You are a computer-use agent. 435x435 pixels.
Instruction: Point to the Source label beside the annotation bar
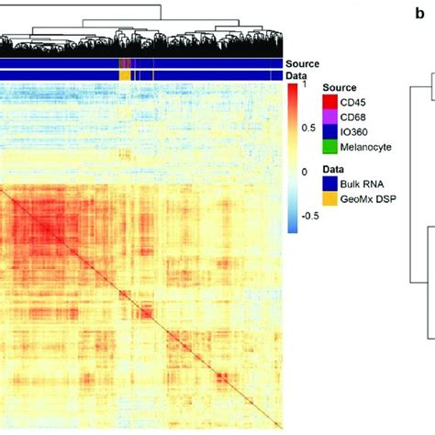click(302, 62)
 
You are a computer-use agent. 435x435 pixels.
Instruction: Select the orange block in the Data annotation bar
click(126, 73)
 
